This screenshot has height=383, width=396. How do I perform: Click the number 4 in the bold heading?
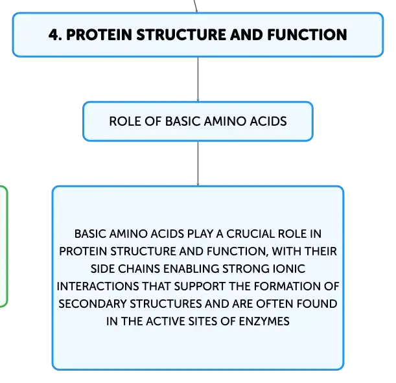click(x=54, y=34)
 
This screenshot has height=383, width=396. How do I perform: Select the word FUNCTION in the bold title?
click(x=307, y=34)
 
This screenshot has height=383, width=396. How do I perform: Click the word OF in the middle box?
click(x=153, y=121)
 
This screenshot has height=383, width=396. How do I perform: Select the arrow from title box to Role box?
click(x=198, y=79)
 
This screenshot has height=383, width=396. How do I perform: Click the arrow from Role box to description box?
click(x=198, y=163)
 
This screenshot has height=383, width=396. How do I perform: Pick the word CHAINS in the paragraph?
click(x=139, y=269)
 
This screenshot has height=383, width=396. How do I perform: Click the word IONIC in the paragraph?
click(x=289, y=269)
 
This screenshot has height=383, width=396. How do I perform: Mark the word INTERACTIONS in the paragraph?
click(x=97, y=286)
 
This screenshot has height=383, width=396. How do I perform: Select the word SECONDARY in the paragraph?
click(x=92, y=304)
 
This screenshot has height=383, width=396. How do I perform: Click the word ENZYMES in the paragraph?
click(x=264, y=321)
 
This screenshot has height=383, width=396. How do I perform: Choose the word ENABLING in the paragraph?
click(x=191, y=269)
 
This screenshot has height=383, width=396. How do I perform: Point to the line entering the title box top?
click(x=195, y=6)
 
